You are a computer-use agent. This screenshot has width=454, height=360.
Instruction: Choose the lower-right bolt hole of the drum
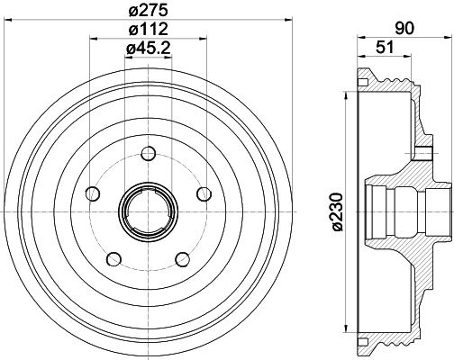tap(184, 259)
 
